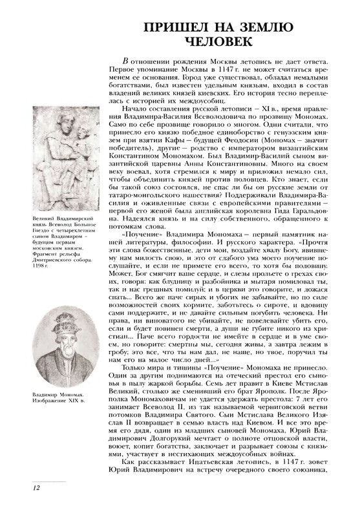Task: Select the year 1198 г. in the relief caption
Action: tap(39, 266)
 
